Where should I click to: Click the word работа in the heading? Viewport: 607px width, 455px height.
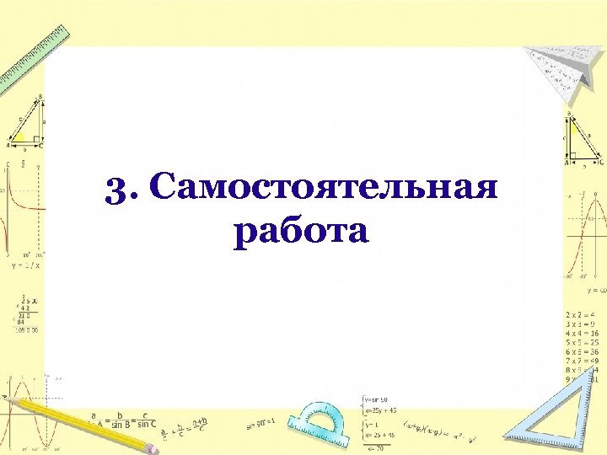point(302,230)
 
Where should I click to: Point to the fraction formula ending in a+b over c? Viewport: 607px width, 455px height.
point(191,426)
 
